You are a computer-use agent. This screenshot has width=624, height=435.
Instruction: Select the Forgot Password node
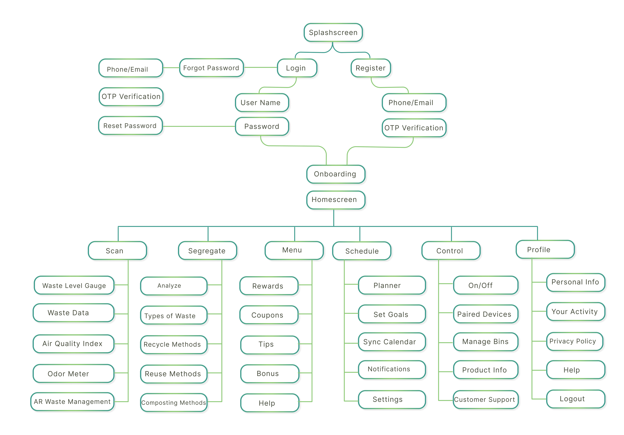point(211,68)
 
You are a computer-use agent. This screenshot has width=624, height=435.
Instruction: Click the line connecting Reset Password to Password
point(198,126)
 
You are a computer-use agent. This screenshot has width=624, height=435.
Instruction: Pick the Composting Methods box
point(174,402)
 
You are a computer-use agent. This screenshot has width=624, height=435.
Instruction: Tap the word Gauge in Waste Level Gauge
point(95,286)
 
